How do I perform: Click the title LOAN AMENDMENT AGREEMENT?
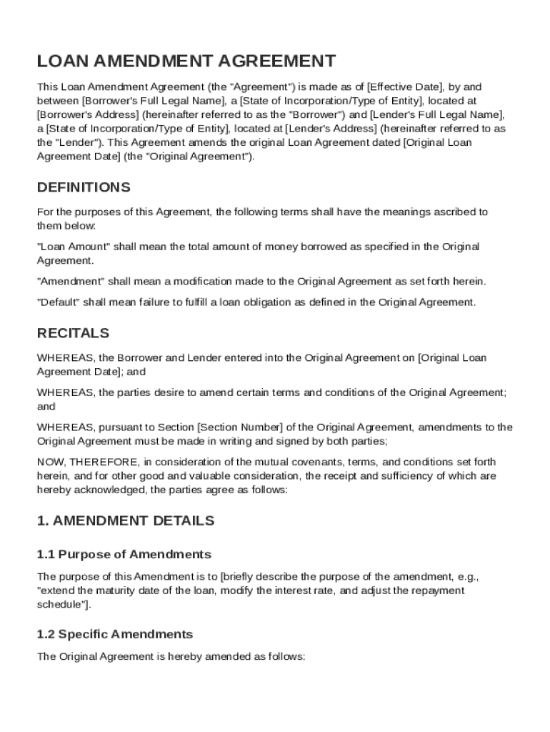(x=186, y=61)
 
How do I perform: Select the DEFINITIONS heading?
(x=84, y=187)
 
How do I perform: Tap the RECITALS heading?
(x=73, y=333)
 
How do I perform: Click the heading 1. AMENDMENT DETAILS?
(x=126, y=520)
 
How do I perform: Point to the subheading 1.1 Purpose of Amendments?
(x=124, y=554)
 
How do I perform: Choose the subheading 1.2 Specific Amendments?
(x=115, y=634)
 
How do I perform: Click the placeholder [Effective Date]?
(x=404, y=87)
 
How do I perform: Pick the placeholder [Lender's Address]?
(x=331, y=129)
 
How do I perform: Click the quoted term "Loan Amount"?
(x=73, y=247)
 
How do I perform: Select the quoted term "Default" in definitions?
(x=58, y=302)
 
